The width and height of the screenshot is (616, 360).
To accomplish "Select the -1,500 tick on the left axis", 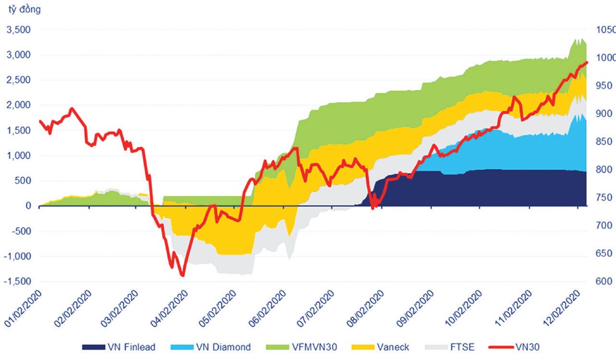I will [x=17, y=281].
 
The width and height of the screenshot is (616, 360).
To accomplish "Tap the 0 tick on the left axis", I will [x=28, y=206].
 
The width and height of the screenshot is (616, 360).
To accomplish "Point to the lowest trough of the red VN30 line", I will [x=182, y=276].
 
